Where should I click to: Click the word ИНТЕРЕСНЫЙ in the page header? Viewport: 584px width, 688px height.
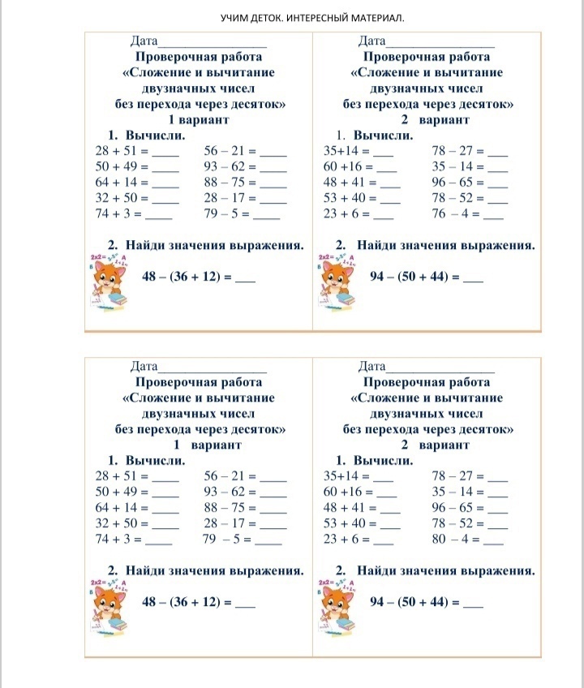316,17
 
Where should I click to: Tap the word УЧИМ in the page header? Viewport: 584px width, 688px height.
236,17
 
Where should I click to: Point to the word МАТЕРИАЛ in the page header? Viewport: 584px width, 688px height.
375,17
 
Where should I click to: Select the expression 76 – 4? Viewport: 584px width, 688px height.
448,215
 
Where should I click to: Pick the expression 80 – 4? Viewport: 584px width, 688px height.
448,539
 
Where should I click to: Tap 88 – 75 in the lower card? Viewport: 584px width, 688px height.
230,508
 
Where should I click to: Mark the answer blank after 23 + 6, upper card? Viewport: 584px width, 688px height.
383,217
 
